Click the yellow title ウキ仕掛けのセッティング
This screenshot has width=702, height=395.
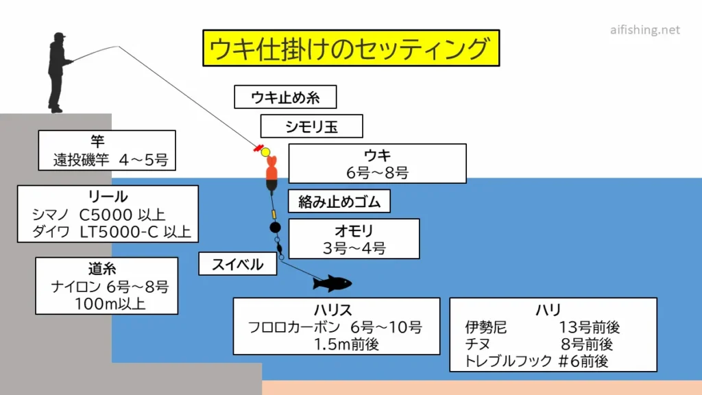(x=350, y=48)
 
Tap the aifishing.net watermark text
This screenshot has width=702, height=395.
(x=645, y=30)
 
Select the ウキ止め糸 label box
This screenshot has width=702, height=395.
(x=286, y=97)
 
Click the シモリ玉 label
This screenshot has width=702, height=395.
(x=312, y=126)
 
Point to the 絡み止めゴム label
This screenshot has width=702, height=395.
(x=339, y=202)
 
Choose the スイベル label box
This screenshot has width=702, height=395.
(x=238, y=264)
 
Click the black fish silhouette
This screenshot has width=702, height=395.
(x=332, y=283)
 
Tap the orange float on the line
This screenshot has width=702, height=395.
(x=271, y=175)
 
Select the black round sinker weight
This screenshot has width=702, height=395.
(x=275, y=227)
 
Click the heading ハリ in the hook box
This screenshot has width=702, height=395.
(x=553, y=311)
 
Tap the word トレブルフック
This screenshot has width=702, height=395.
(x=508, y=361)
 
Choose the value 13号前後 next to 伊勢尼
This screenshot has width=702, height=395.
(x=589, y=328)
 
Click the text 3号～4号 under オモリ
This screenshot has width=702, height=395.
(x=354, y=248)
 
